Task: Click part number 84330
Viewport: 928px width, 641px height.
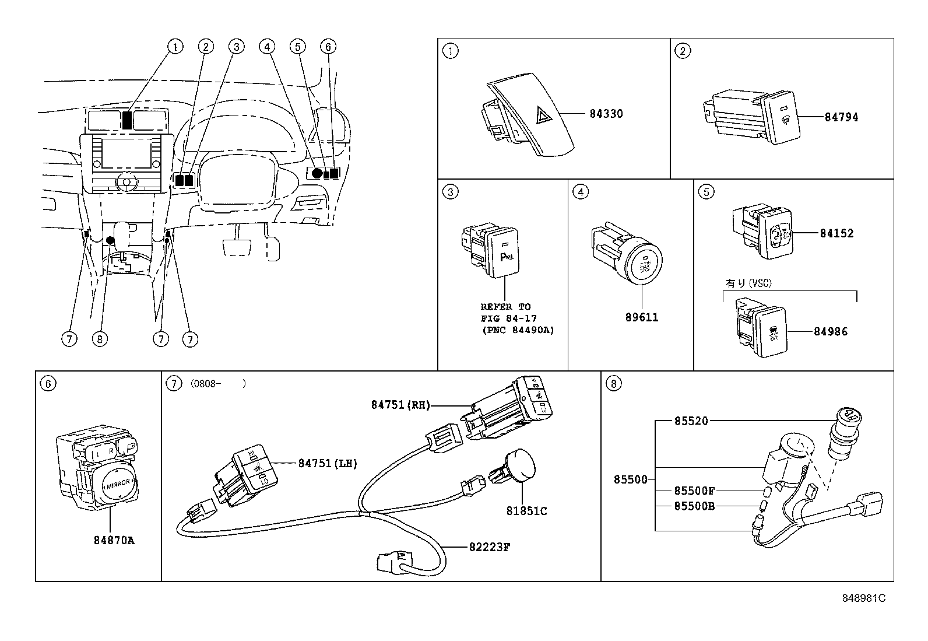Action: click(606, 114)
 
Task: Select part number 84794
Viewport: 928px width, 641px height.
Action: click(841, 117)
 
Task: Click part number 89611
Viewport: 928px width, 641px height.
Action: click(641, 318)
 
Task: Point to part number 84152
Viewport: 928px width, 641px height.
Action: click(836, 233)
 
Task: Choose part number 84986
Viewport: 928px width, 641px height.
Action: click(831, 332)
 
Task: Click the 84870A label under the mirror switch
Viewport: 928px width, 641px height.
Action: click(114, 540)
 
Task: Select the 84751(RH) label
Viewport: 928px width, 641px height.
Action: click(400, 405)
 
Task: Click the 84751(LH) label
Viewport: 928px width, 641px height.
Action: click(327, 464)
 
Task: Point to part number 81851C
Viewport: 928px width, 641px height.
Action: click(526, 511)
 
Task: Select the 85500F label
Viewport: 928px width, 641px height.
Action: click(694, 491)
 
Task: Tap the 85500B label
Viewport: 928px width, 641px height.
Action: click(694, 506)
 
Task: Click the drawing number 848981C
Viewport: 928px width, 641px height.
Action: click(864, 598)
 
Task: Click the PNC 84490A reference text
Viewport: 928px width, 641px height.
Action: click(518, 330)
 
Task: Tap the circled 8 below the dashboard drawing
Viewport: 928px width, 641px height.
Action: click(100, 338)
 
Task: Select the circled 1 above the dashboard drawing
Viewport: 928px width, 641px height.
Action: click(175, 46)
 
